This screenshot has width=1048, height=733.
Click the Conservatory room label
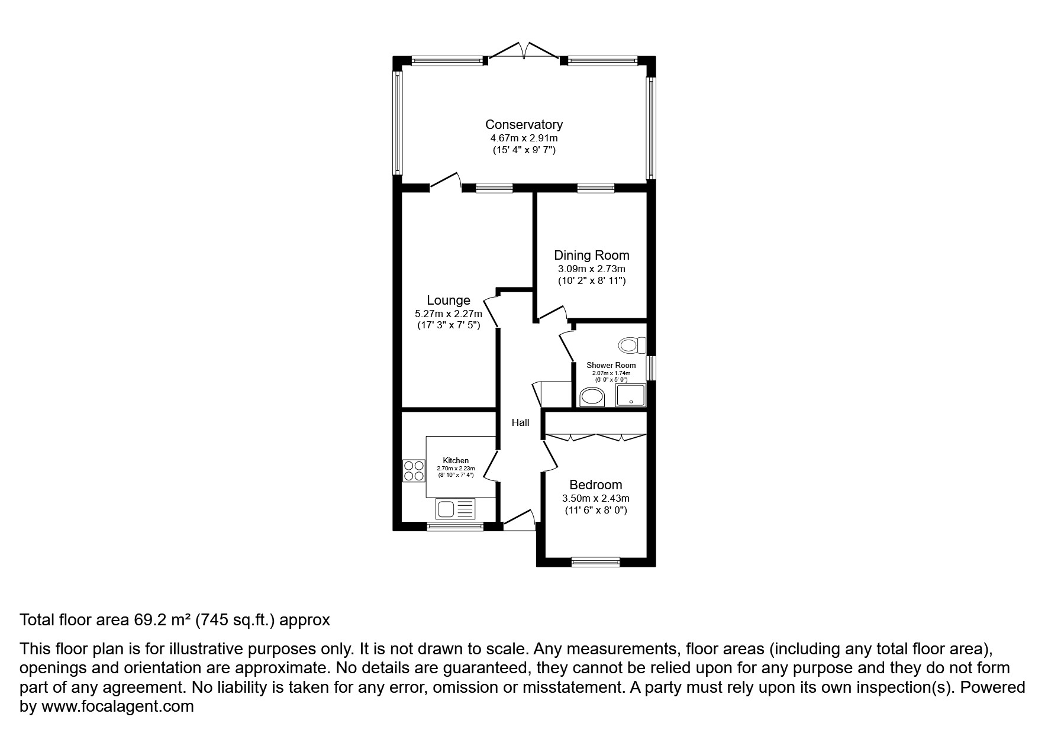pyautogui.click(x=524, y=125)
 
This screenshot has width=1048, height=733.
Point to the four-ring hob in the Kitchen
pyautogui.click(x=414, y=470)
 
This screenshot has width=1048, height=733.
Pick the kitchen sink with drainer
pyautogui.click(x=456, y=508)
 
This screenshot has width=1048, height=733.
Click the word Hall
pyautogui.click(x=520, y=422)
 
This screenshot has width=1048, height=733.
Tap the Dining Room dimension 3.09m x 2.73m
pyautogui.click(x=591, y=269)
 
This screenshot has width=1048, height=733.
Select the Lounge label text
pyautogui.click(x=449, y=301)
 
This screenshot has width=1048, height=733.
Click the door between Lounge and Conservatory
pyautogui.click(x=446, y=181)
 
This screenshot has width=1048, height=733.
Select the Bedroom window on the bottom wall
pyautogui.click(x=595, y=562)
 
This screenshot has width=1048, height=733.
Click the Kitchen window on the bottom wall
pyautogui.click(x=456, y=526)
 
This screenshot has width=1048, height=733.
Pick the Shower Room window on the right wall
pyautogui.click(x=650, y=367)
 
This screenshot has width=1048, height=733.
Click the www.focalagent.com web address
pyautogui.click(x=117, y=706)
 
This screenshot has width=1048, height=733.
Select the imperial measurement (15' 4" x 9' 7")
pyautogui.click(x=524, y=150)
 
